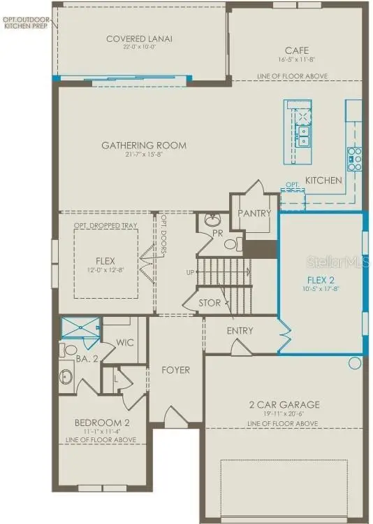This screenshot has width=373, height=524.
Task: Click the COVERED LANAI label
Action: pos(139,38)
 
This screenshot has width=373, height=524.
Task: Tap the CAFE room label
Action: pos(292,50)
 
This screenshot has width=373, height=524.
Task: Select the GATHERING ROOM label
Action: pos(144,146)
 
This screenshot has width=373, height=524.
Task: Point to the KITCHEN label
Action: pos(323,180)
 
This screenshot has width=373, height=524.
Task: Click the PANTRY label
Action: pos(254,213)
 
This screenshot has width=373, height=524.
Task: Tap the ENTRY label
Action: pos(240,330)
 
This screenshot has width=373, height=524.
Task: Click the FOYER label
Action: pos(175,369)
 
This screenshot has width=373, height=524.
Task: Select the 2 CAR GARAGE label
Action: pos(284,404)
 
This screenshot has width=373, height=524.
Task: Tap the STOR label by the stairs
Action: pos(210,303)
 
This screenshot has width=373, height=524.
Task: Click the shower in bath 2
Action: pos(79,327)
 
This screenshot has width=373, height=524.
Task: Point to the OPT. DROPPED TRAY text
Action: pos(105,226)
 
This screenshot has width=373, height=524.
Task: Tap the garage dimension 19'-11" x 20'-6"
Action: pos(284,414)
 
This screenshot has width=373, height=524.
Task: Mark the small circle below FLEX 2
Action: pos(354,363)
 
